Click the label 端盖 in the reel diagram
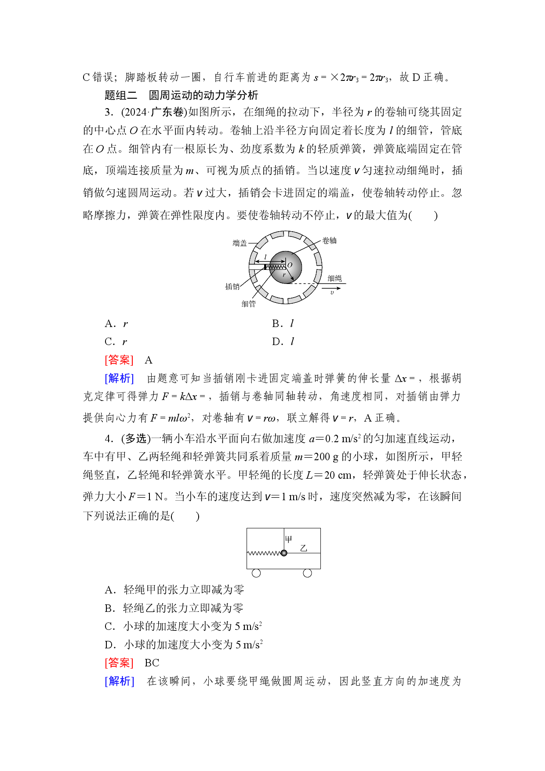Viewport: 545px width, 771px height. [x=240, y=243]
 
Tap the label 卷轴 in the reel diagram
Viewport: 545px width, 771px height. [x=329, y=240]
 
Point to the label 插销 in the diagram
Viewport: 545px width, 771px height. [x=233, y=287]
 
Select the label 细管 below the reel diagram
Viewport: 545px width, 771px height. [x=248, y=304]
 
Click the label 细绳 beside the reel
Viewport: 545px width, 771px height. [x=334, y=278]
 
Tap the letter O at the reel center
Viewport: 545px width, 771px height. [x=290, y=265]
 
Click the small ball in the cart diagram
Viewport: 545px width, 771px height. [x=284, y=553]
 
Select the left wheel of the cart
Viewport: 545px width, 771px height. [x=256, y=573]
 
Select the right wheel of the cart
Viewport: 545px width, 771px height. [x=307, y=573]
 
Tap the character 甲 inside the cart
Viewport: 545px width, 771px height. [x=289, y=539]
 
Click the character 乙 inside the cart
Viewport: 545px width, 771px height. [x=303, y=548]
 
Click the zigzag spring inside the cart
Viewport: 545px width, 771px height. [x=264, y=553]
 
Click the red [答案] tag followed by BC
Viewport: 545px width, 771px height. [x=119, y=663]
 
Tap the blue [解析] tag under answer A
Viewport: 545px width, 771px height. [x=119, y=378]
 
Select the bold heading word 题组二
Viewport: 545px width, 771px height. [x=121, y=95]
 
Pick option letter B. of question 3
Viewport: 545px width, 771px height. [x=277, y=324]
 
